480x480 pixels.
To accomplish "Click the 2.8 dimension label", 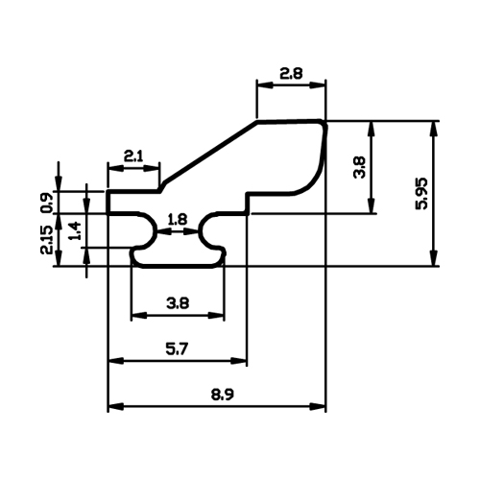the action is (291, 74).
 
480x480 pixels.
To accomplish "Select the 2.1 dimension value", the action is (133, 156).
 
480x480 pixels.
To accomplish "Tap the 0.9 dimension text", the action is (46, 203).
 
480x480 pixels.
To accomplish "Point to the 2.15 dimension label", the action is (47, 240).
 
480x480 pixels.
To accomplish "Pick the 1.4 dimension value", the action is (75, 231).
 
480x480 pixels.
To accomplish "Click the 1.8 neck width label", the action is (178, 220).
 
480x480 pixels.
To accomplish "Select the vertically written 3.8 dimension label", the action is (359, 167).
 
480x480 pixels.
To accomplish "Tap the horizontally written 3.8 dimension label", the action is (178, 302).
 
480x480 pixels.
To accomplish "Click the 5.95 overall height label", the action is (421, 193).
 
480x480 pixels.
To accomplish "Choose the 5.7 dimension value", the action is (177, 348).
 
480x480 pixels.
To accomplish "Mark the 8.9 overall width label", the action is (222, 395).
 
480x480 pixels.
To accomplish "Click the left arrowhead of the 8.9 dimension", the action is (115, 407).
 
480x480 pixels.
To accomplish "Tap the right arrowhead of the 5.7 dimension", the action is (239, 361).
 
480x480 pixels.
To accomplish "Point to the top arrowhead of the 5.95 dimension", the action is (433, 129).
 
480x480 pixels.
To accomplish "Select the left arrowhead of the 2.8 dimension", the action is (265, 84).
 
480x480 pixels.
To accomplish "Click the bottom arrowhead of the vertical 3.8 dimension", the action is (372, 205).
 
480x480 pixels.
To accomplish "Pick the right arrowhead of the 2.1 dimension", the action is (152, 168).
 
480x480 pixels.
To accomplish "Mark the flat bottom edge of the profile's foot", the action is (178, 266).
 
